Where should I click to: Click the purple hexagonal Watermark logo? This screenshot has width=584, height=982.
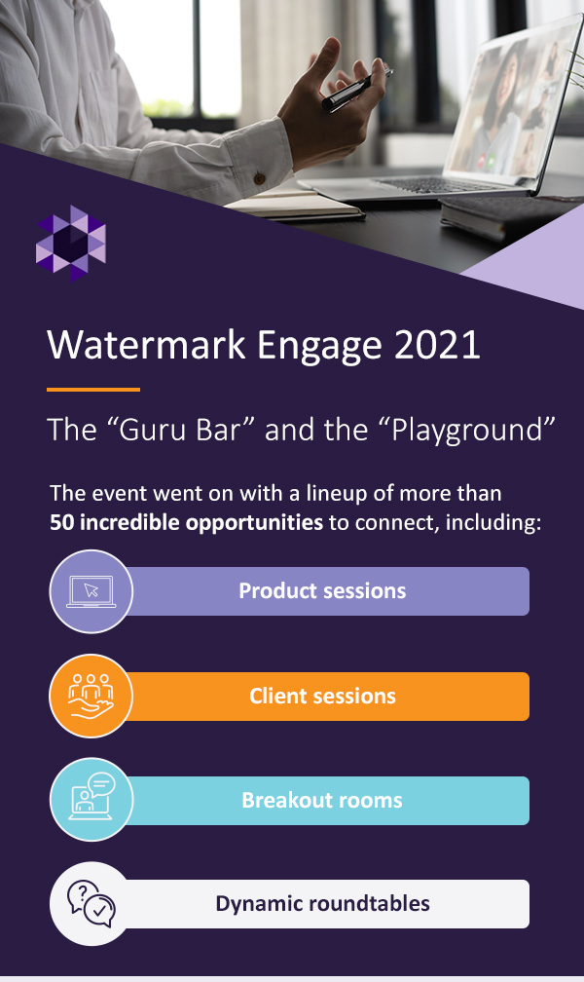[71, 244]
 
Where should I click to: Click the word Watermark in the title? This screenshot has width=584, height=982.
[146, 345]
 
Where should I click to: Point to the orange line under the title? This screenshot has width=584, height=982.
[93, 390]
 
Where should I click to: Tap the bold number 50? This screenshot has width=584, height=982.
[62, 522]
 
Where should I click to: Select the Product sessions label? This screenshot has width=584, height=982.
[322, 590]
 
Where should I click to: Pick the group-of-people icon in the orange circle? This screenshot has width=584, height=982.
[91, 696]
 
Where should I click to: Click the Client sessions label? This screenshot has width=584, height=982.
[322, 696]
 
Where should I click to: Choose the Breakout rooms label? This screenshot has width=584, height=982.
[322, 800]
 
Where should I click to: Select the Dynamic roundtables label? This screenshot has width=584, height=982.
[322, 904]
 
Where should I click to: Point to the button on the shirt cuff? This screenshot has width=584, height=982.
[259, 178]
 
